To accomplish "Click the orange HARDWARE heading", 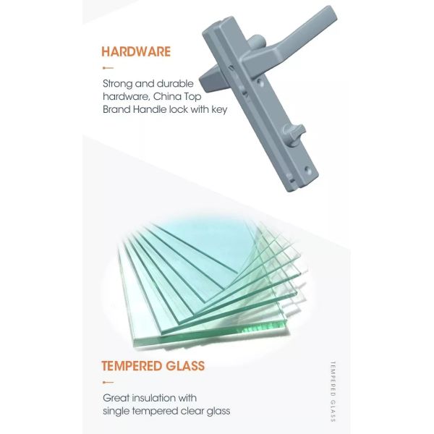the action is click(x=136, y=52).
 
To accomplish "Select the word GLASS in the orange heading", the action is click(x=185, y=365).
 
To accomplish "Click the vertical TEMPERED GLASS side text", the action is click(x=333, y=391).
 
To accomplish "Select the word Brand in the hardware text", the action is click(x=116, y=109).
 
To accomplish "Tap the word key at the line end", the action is click(x=219, y=110).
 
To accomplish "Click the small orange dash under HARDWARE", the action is click(x=108, y=68).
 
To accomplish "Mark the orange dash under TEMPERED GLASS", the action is click(x=108, y=383).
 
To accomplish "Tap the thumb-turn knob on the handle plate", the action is click(x=294, y=132).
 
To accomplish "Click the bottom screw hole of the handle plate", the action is click(x=307, y=169).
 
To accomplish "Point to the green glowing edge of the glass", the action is click(x=263, y=327).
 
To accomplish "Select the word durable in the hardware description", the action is click(x=175, y=84).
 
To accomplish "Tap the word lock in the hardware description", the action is click(x=179, y=109).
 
